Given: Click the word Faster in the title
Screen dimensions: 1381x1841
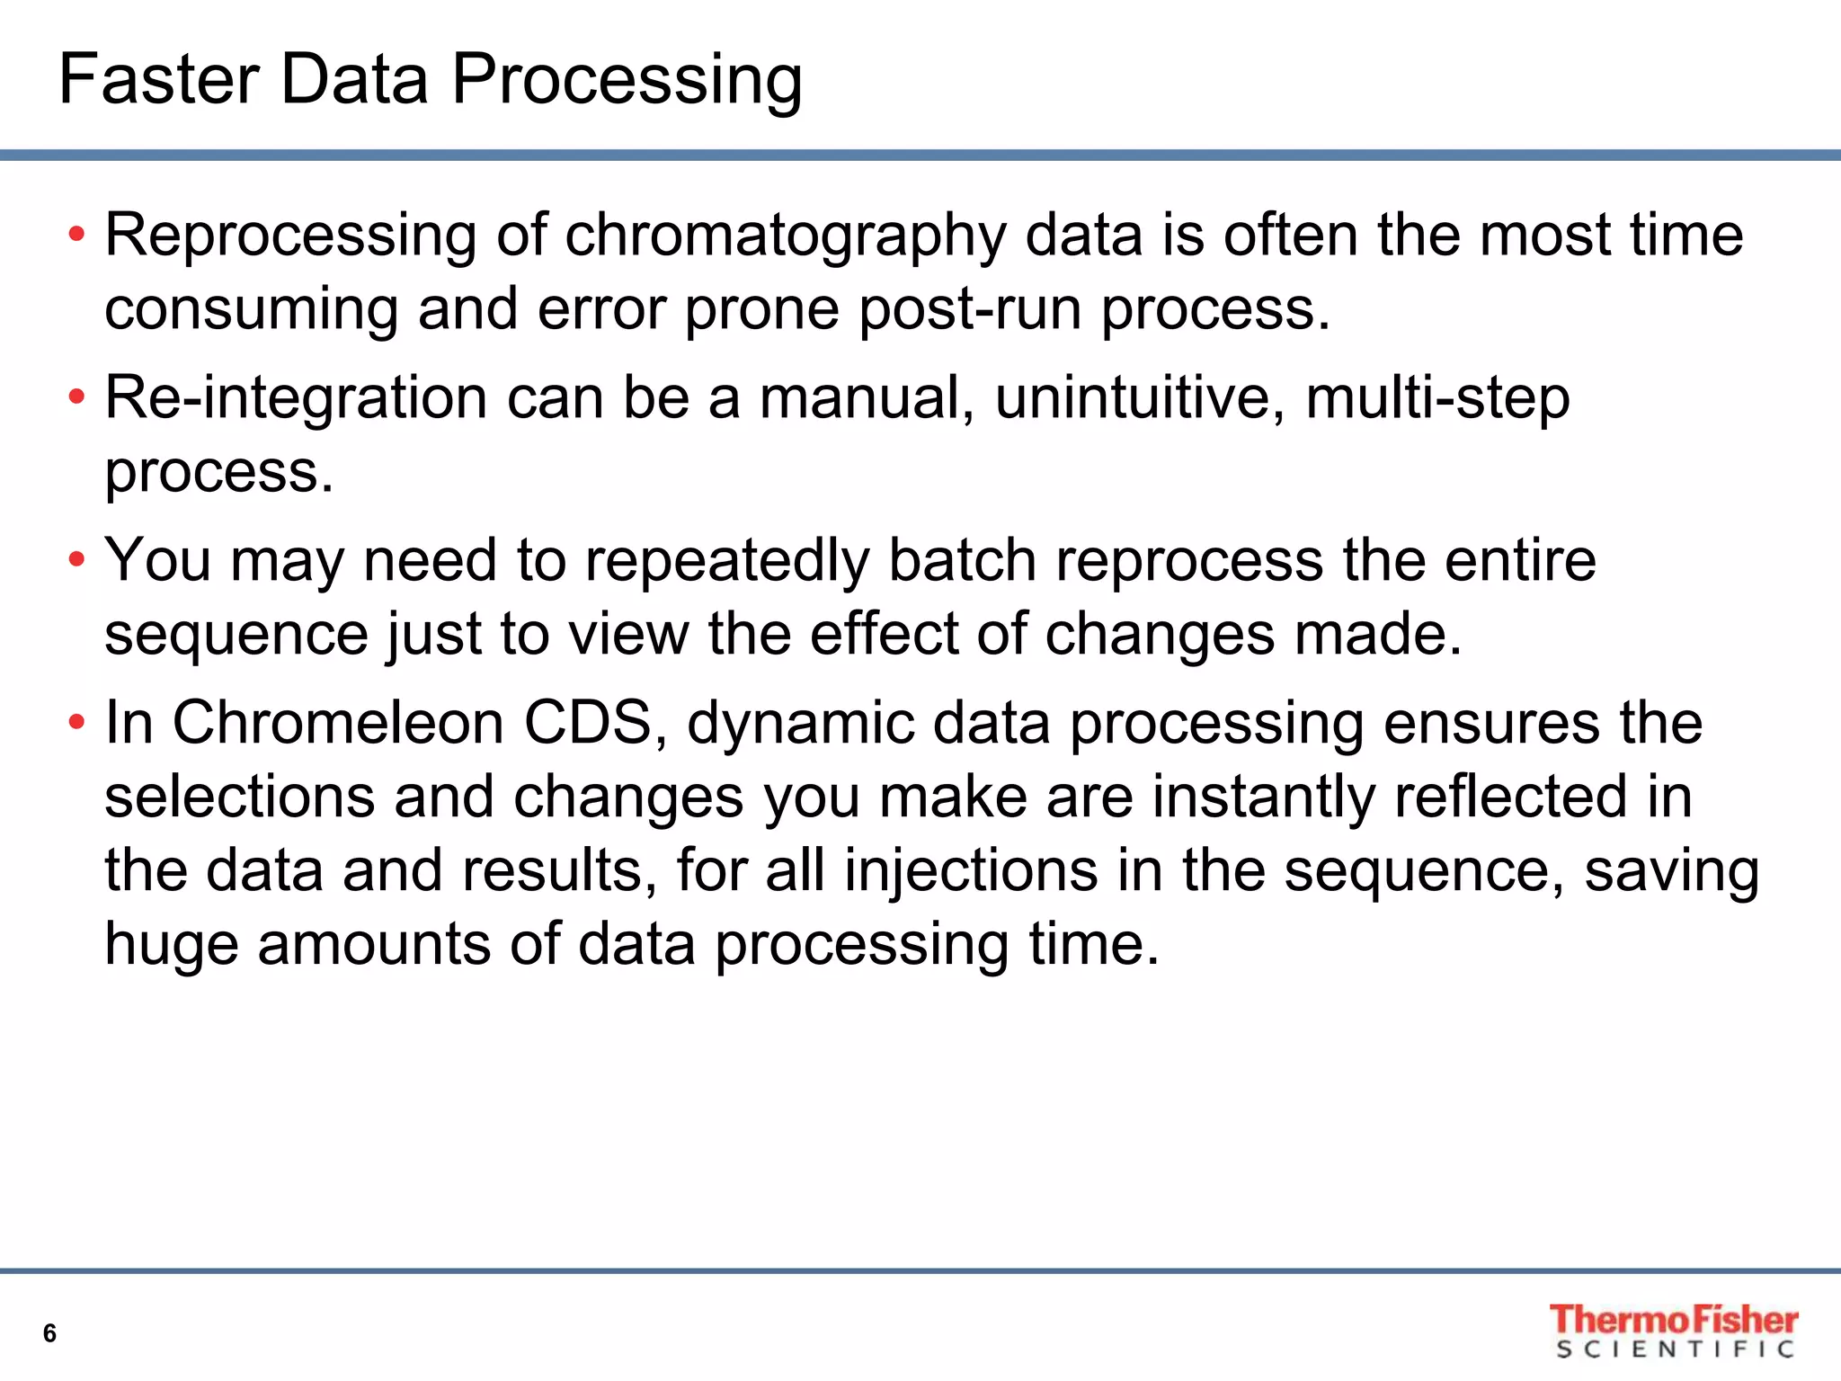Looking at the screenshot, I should click(x=158, y=79).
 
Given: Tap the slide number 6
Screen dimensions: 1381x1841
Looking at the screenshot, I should click(x=49, y=1333).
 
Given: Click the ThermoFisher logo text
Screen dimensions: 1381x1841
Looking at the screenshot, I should click(x=1673, y=1320).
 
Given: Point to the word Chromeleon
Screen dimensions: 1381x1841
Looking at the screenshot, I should click(x=338, y=723).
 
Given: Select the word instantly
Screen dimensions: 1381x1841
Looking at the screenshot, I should click(x=1264, y=798).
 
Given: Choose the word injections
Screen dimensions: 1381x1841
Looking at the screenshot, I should click(x=971, y=873).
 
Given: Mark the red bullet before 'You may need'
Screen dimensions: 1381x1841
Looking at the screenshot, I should click(x=76, y=560).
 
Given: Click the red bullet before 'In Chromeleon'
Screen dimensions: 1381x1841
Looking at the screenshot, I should click(x=76, y=722).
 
